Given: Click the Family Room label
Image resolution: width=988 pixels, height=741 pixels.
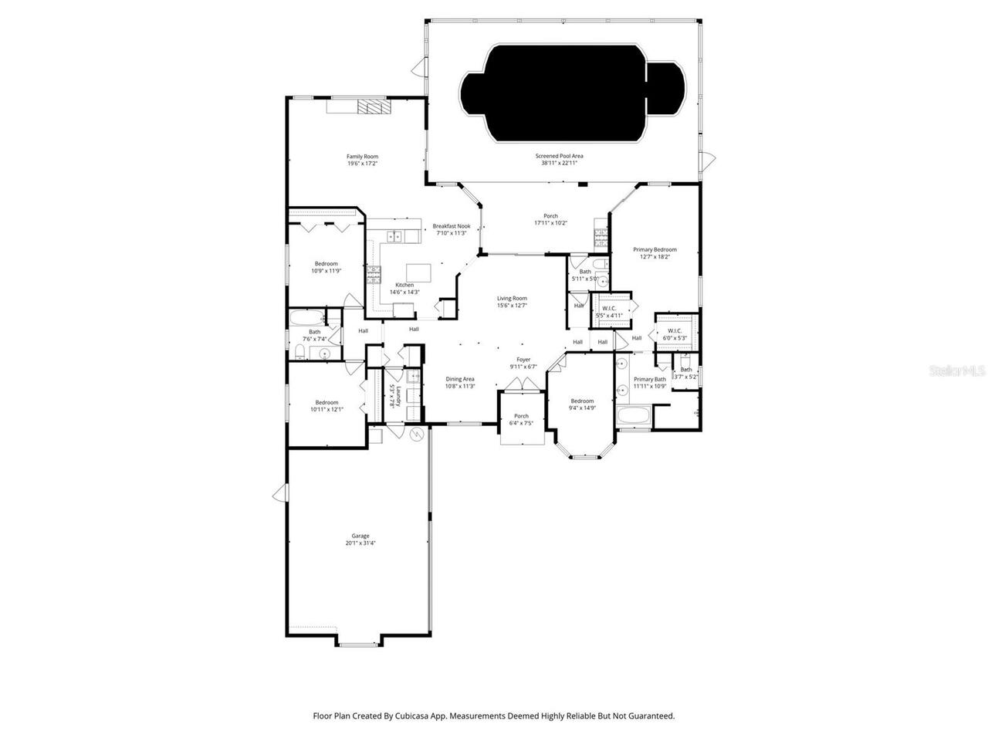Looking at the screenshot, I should pyautogui.click(x=362, y=157).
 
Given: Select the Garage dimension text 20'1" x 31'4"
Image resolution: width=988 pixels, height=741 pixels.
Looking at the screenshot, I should pyautogui.click(x=360, y=543).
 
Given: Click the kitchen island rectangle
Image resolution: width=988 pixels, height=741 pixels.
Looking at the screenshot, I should pyautogui.click(x=418, y=272).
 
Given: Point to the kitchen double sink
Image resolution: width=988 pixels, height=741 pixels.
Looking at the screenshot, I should pyautogui.click(x=394, y=237).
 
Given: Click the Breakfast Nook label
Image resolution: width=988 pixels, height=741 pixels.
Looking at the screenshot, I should pyautogui.click(x=452, y=226).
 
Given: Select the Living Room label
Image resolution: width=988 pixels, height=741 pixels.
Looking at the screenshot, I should pyautogui.click(x=512, y=298).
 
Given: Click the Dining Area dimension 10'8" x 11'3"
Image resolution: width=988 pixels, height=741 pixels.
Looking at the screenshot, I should pyautogui.click(x=460, y=386).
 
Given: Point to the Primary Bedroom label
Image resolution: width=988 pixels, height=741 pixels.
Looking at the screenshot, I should pyautogui.click(x=655, y=249).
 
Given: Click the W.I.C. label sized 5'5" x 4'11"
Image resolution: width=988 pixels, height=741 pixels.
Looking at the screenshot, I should pyautogui.click(x=609, y=308).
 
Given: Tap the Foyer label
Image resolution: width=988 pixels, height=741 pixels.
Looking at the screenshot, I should pyautogui.click(x=523, y=360).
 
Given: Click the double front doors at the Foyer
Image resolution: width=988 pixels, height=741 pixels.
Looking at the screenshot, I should pyautogui.click(x=523, y=395).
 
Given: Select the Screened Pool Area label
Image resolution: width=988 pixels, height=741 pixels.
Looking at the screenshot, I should pyautogui.click(x=560, y=156).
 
